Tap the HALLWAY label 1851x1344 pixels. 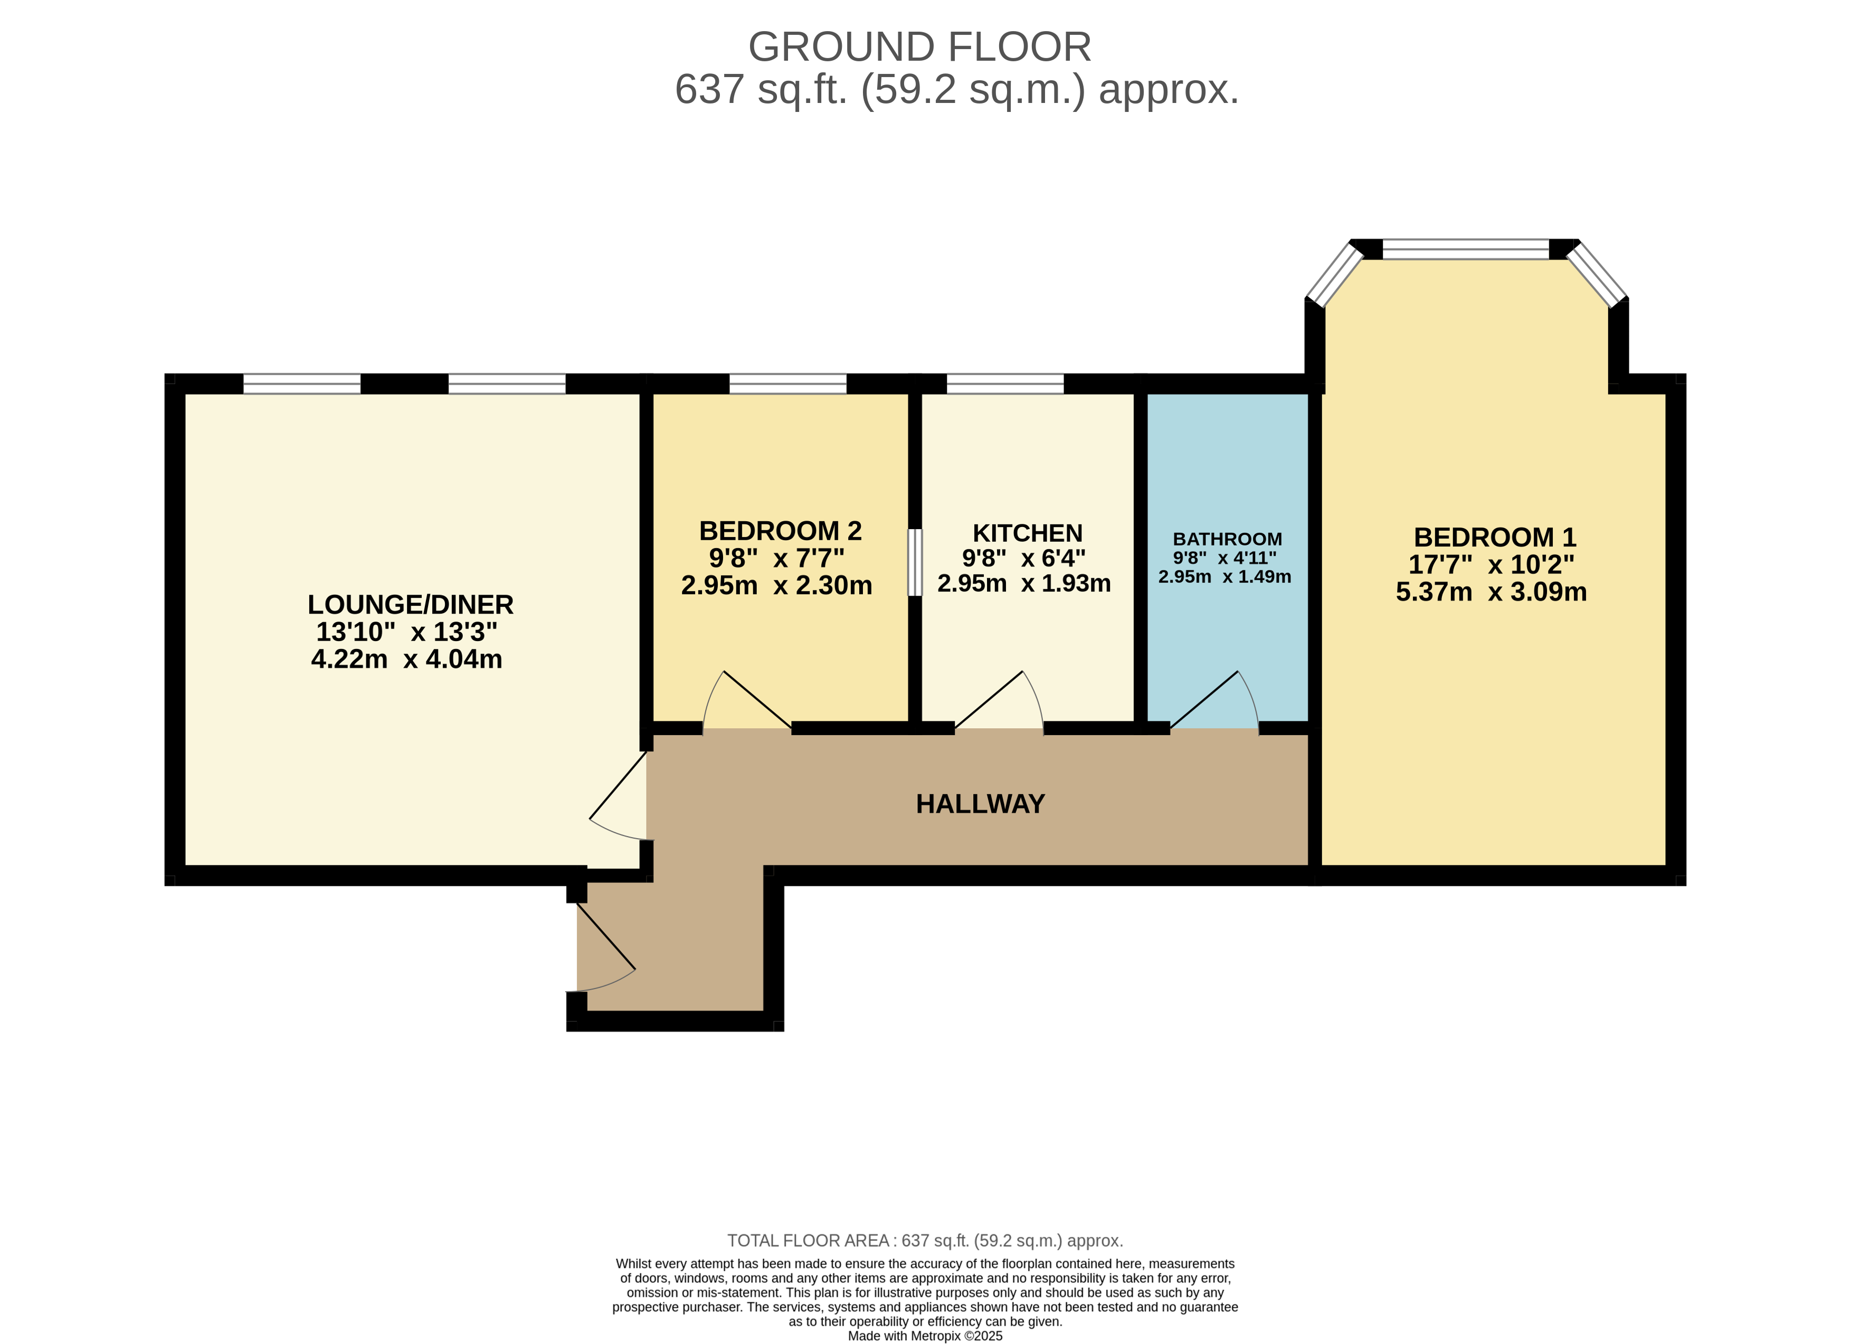tap(980, 804)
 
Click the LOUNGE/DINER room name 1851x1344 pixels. tap(411, 605)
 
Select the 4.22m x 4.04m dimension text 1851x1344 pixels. tap(406, 659)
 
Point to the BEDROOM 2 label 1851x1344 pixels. tap(780, 532)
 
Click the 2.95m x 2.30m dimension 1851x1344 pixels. tap(776, 586)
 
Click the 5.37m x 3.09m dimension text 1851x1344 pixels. tap(1491, 592)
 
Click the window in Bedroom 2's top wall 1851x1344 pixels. tap(787, 384)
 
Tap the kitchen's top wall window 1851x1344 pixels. tap(1004, 384)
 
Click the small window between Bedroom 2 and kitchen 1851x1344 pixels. tap(915, 562)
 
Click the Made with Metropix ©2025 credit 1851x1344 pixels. tap(925, 1336)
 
